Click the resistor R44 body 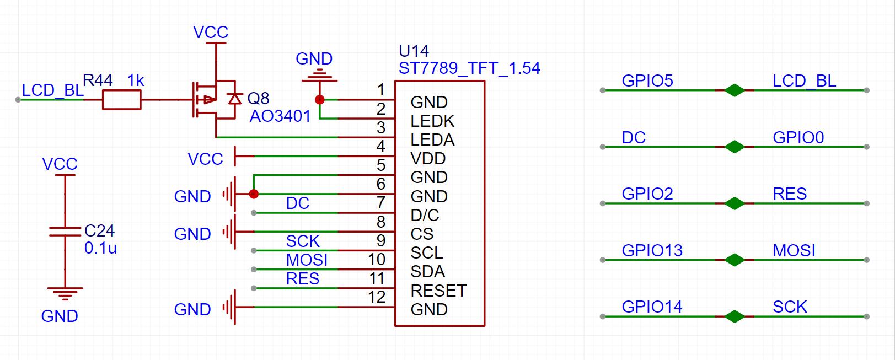pos(122,99)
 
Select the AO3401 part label pos(280,116)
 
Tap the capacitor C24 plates pos(65,232)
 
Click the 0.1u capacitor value pos(100,248)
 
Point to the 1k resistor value pos(136,80)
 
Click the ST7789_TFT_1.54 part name pos(469,68)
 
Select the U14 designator pos(414,51)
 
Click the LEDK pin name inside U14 pos(432,121)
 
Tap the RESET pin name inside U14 pos(438,291)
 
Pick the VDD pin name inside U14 pos(428,159)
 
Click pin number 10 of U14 pos(377,260)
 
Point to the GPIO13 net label pos(652,250)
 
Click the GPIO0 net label pos(798,137)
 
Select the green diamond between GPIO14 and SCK pos(735,316)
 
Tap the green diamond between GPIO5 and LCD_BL pos(735,90)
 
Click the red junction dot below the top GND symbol pos(320,99)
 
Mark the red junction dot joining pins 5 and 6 pos(253,194)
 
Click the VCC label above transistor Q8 pos(211,33)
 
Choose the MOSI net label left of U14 pos(307,260)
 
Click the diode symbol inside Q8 pos(234,99)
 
